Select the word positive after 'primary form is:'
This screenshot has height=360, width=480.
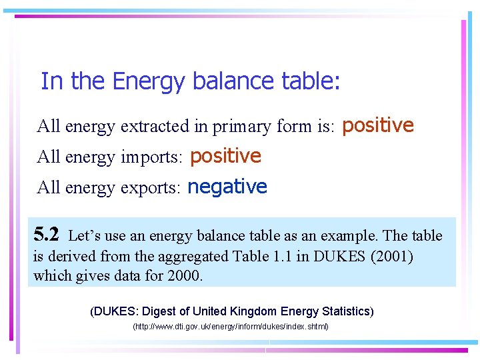click(x=378, y=125)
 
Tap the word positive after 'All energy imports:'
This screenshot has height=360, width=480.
click(x=225, y=156)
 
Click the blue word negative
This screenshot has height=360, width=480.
click(x=227, y=187)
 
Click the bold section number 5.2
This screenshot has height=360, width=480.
click(x=47, y=235)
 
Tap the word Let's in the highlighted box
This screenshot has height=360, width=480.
click(x=85, y=235)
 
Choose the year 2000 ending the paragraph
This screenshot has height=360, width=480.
click(x=184, y=275)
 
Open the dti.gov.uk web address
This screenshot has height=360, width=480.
click(x=231, y=327)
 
